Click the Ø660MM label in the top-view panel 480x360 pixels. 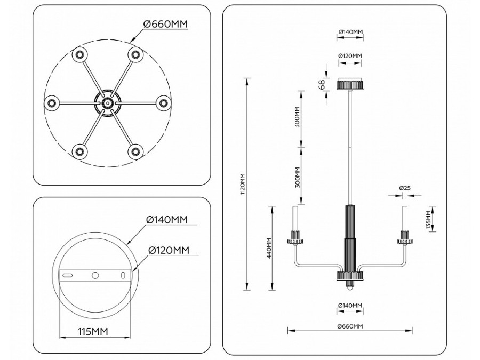(166, 23)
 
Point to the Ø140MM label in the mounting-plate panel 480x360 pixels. (167, 219)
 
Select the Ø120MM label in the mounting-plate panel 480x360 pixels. (168, 250)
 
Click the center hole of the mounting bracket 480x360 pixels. (95, 275)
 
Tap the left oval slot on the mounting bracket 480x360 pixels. (69, 275)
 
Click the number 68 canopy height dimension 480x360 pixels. (322, 85)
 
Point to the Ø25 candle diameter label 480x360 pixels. (404, 188)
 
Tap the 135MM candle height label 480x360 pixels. (429, 219)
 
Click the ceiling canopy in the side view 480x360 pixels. (350, 84)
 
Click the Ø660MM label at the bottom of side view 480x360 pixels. (350, 326)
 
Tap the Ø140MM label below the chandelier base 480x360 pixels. (350, 305)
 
